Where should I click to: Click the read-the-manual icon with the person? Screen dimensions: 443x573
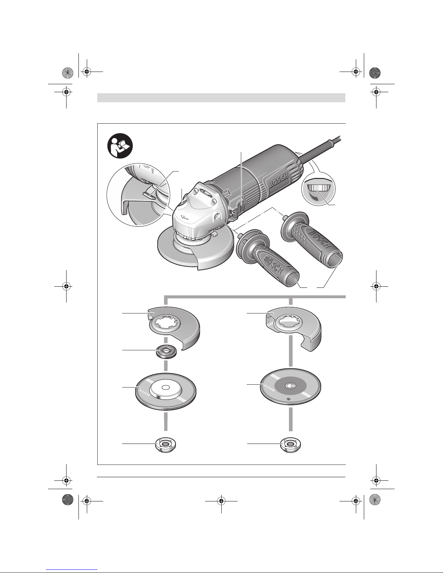click(x=120, y=146)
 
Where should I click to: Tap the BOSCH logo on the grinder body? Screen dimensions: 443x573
click(x=278, y=181)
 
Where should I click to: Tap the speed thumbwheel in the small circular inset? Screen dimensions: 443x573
click(x=318, y=188)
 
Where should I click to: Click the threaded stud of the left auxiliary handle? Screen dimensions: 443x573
click(x=241, y=235)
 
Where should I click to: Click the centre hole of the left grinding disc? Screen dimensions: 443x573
click(x=165, y=387)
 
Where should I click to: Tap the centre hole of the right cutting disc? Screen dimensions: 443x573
click(x=290, y=386)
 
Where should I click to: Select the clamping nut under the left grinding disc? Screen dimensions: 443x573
click(x=166, y=445)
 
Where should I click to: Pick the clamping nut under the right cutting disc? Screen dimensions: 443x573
click(x=291, y=445)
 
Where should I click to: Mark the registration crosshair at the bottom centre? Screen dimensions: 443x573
click(x=221, y=500)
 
